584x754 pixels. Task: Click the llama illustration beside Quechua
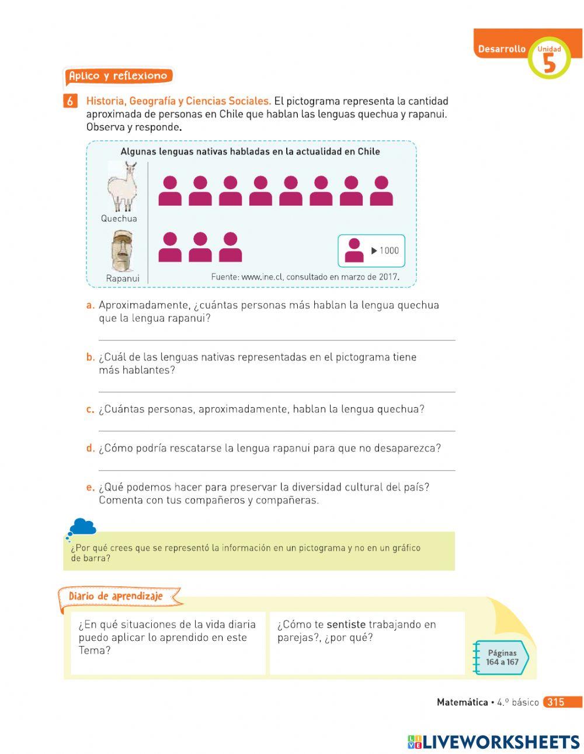[x=123, y=187]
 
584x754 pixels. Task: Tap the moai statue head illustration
[x=122, y=251]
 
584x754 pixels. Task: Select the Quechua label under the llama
[x=119, y=218]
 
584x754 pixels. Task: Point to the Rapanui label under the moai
[x=123, y=279]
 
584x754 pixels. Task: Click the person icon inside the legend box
[x=354, y=251]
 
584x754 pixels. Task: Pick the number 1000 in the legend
[x=389, y=251]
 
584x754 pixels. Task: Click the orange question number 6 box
[x=69, y=101]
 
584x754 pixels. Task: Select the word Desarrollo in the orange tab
[x=502, y=49]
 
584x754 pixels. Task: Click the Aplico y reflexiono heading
[x=118, y=76]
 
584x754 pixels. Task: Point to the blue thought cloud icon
[x=82, y=527]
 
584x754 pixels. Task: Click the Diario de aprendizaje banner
[x=116, y=596]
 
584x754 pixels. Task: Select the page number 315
[x=555, y=702]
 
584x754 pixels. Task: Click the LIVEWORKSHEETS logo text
[x=500, y=742]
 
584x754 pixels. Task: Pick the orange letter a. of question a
[x=90, y=305]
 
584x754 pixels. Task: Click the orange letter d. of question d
[x=90, y=449]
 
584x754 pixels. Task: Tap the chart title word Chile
[x=369, y=151]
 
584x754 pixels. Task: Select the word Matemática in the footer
[x=462, y=702]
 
